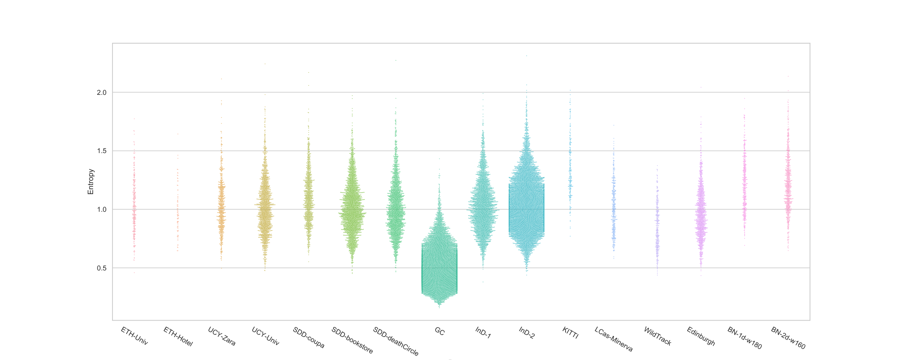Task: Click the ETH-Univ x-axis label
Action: click(134, 336)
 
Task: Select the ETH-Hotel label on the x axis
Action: click(178, 337)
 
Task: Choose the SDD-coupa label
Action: click(308, 337)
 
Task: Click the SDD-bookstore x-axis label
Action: click(352, 341)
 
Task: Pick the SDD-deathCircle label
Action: click(396, 341)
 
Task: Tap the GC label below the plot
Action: click(439, 331)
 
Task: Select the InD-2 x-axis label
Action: click(526, 333)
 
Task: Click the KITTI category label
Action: click(570, 333)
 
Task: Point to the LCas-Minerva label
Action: click(614, 339)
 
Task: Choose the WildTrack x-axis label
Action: click(657, 336)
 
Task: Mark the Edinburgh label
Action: click(701, 336)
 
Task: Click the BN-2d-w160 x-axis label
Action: click(788, 338)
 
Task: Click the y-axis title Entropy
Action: click(91, 181)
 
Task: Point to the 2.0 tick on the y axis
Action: click(102, 93)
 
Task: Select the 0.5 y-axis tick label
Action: click(102, 268)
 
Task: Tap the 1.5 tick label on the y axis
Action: click(102, 151)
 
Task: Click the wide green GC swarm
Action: click(439, 265)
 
